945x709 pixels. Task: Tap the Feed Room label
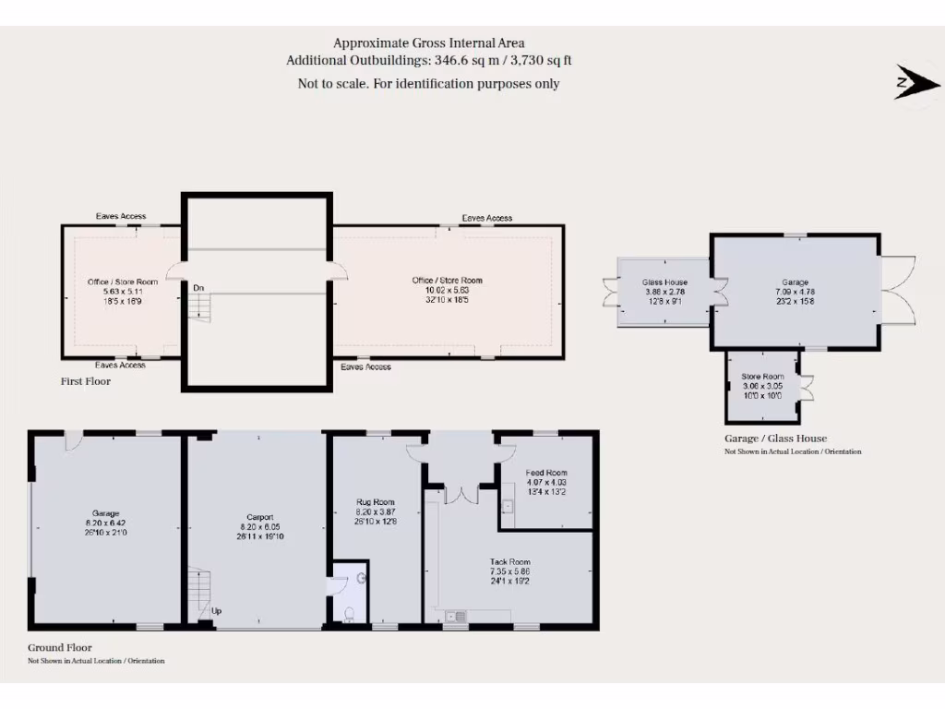(545, 473)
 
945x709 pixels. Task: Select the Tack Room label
(509, 561)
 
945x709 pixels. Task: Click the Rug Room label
(376, 503)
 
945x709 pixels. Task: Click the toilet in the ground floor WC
(348, 615)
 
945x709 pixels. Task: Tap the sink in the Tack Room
(455, 616)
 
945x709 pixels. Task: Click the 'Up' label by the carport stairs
(217, 610)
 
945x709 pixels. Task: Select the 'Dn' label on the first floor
(198, 288)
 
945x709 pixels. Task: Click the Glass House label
(664, 282)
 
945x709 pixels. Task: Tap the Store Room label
(762, 377)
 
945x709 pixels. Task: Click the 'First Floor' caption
(86, 380)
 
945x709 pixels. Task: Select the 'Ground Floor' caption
(60, 648)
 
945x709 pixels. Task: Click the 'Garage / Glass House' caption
(775, 439)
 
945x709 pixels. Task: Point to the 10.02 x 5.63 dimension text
(447, 290)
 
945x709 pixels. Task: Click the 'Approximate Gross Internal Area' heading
(428, 42)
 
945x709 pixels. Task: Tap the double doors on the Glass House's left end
(610, 292)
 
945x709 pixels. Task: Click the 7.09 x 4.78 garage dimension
(795, 292)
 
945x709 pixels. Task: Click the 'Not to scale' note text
(428, 84)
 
